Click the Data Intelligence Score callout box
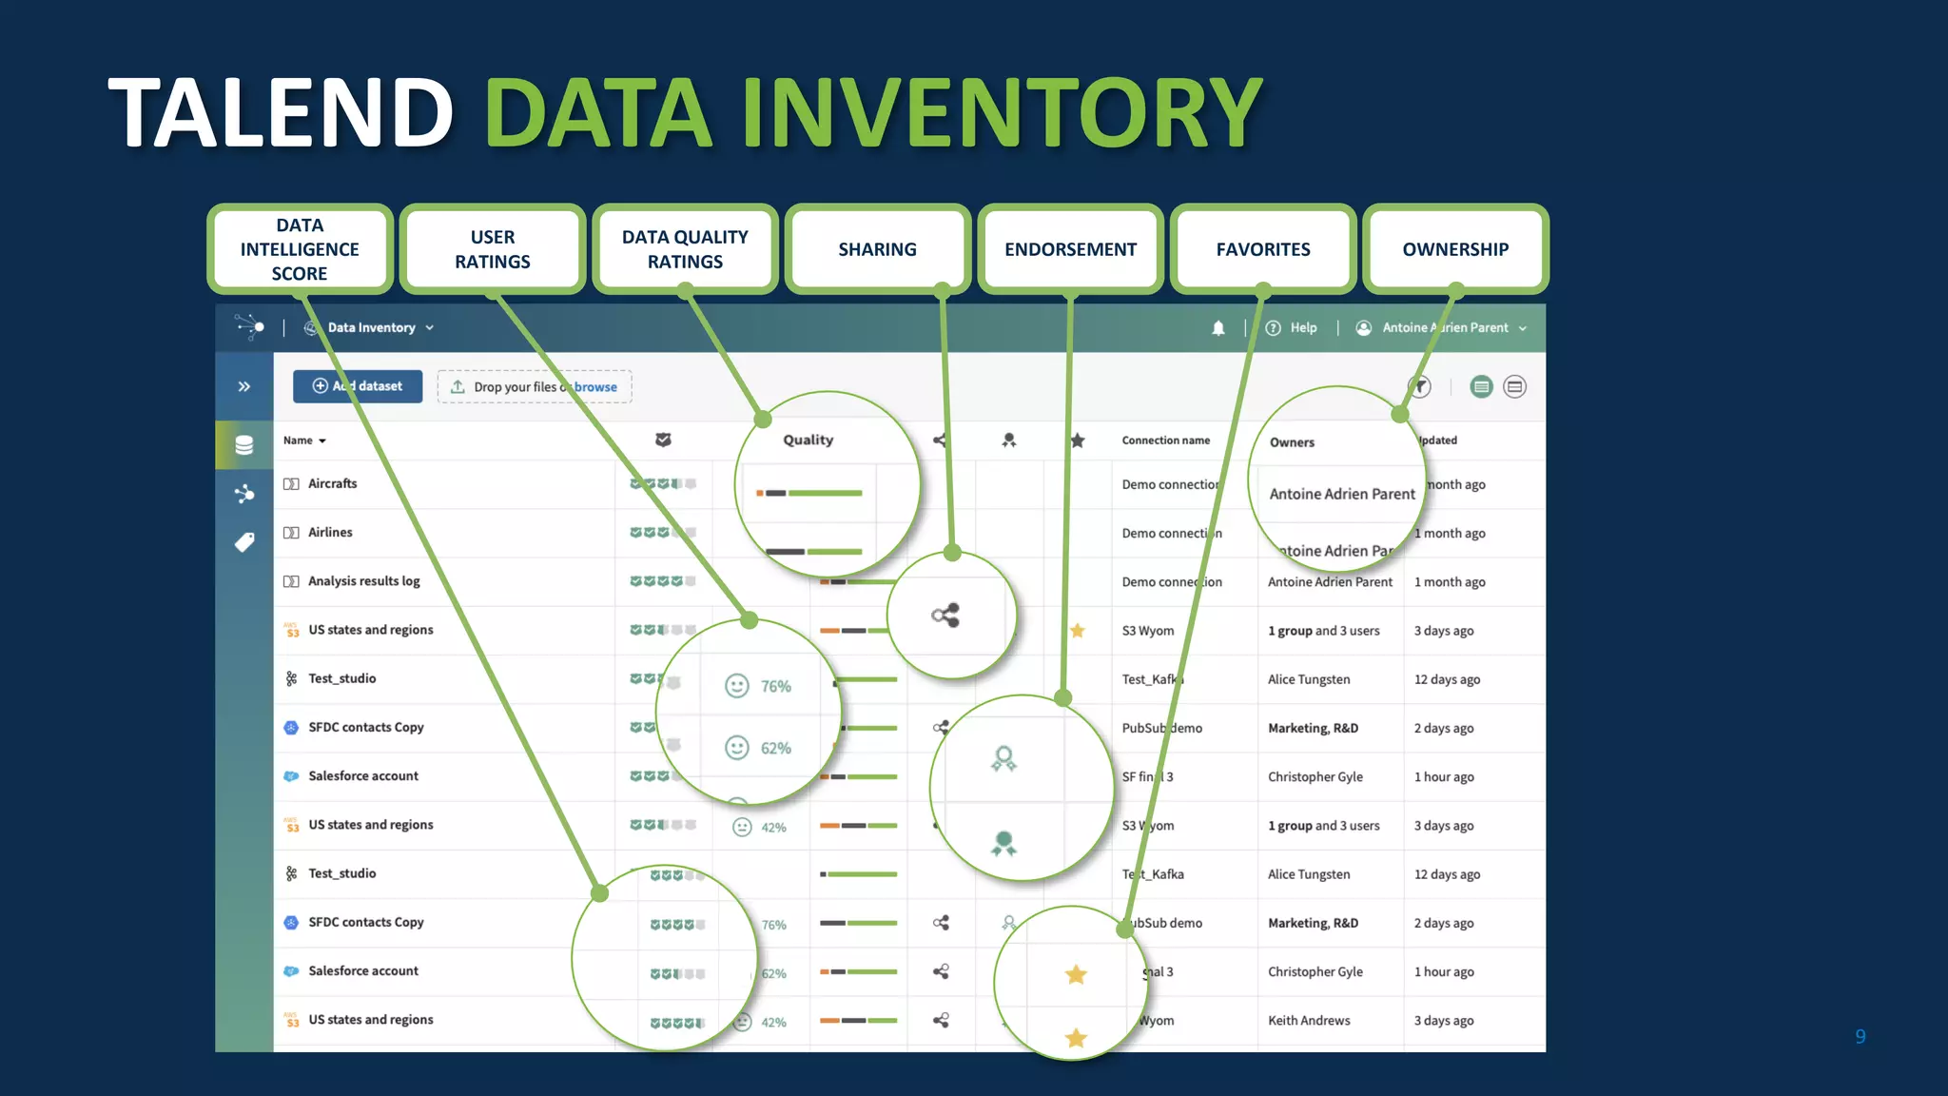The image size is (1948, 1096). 300,249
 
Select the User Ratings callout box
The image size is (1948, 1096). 492,249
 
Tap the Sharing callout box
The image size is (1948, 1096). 877,249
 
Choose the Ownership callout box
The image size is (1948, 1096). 1454,249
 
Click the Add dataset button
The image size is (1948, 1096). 358,386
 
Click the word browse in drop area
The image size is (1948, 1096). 596,387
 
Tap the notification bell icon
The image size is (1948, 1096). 1217,328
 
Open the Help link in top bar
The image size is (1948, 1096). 1302,328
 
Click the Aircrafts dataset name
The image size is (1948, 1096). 332,483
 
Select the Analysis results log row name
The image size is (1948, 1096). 363,581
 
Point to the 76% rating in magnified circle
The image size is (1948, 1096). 775,686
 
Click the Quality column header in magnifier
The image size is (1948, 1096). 808,440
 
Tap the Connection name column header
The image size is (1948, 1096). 1165,440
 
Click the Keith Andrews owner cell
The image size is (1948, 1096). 1308,1021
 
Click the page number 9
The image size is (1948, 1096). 1860,1036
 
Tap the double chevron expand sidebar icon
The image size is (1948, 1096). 244,386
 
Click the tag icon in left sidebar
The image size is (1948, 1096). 244,542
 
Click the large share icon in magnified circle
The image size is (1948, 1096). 945,616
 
